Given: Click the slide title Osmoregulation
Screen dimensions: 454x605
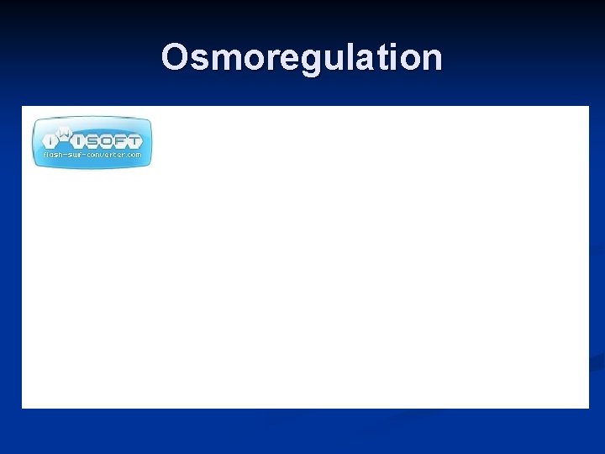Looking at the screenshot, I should click(302, 58).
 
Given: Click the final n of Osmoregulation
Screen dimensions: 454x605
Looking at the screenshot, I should click(429, 59).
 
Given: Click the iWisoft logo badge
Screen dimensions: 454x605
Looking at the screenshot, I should click(92, 141).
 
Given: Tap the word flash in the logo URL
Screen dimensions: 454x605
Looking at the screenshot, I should click(54, 156).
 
